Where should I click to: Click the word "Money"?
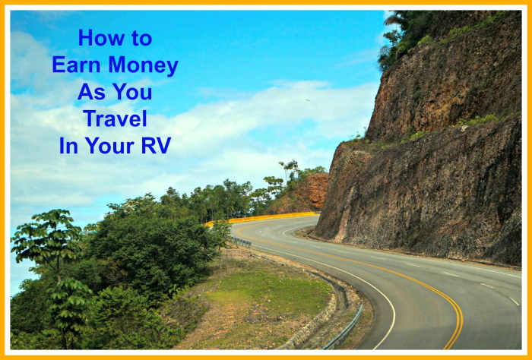click(x=145, y=65)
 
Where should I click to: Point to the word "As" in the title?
click(x=89, y=92)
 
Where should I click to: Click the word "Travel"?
click(x=115, y=118)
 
